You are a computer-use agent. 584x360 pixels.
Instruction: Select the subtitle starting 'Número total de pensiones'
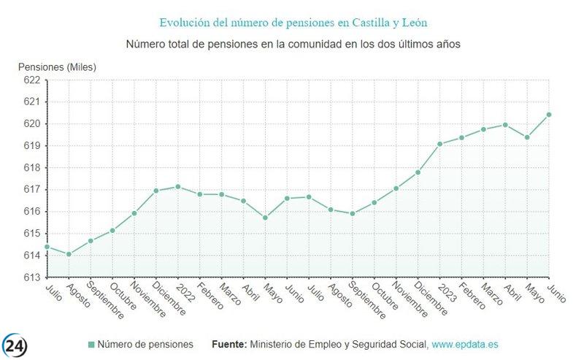[293, 45]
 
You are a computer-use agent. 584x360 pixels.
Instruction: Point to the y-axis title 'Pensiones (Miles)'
[57, 67]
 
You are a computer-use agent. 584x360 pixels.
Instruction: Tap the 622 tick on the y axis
[32, 80]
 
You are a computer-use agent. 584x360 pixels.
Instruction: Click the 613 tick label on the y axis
[32, 277]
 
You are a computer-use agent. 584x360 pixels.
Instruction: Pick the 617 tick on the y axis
[32, 190]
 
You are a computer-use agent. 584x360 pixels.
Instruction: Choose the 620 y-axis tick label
[32, 124]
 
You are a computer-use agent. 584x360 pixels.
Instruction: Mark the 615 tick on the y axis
[32, 234]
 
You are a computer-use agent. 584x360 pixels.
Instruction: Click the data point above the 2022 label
[177, 186]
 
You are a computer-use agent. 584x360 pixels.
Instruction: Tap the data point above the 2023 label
[439, 144]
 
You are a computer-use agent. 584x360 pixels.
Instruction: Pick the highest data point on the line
[548, 115]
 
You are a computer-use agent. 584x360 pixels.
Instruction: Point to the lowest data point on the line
[69, 254]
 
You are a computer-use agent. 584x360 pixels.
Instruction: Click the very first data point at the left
[47, 247]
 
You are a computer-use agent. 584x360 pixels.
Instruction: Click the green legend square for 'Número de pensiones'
[91, 344]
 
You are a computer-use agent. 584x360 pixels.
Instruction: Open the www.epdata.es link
[465, 344]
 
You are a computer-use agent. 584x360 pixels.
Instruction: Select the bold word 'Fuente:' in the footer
[228, 344]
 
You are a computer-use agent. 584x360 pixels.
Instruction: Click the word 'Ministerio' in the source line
[272, 344]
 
